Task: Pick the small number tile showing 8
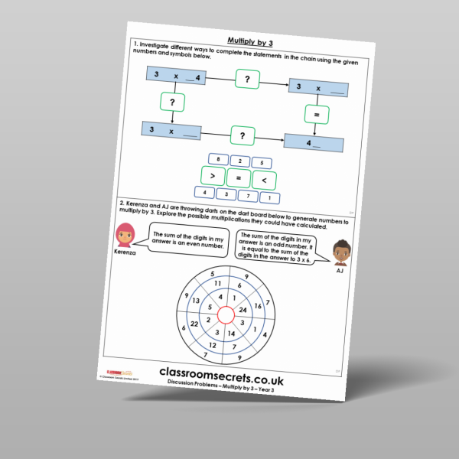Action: coord(219,159)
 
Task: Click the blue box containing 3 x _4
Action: coord(177,74)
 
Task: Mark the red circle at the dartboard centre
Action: coord(226,315)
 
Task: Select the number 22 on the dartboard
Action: coord(195,324)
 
